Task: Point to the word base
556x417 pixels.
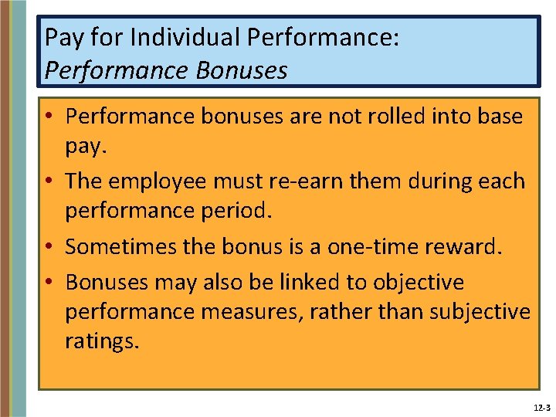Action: (497, 117)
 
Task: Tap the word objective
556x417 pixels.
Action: (419, 283)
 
